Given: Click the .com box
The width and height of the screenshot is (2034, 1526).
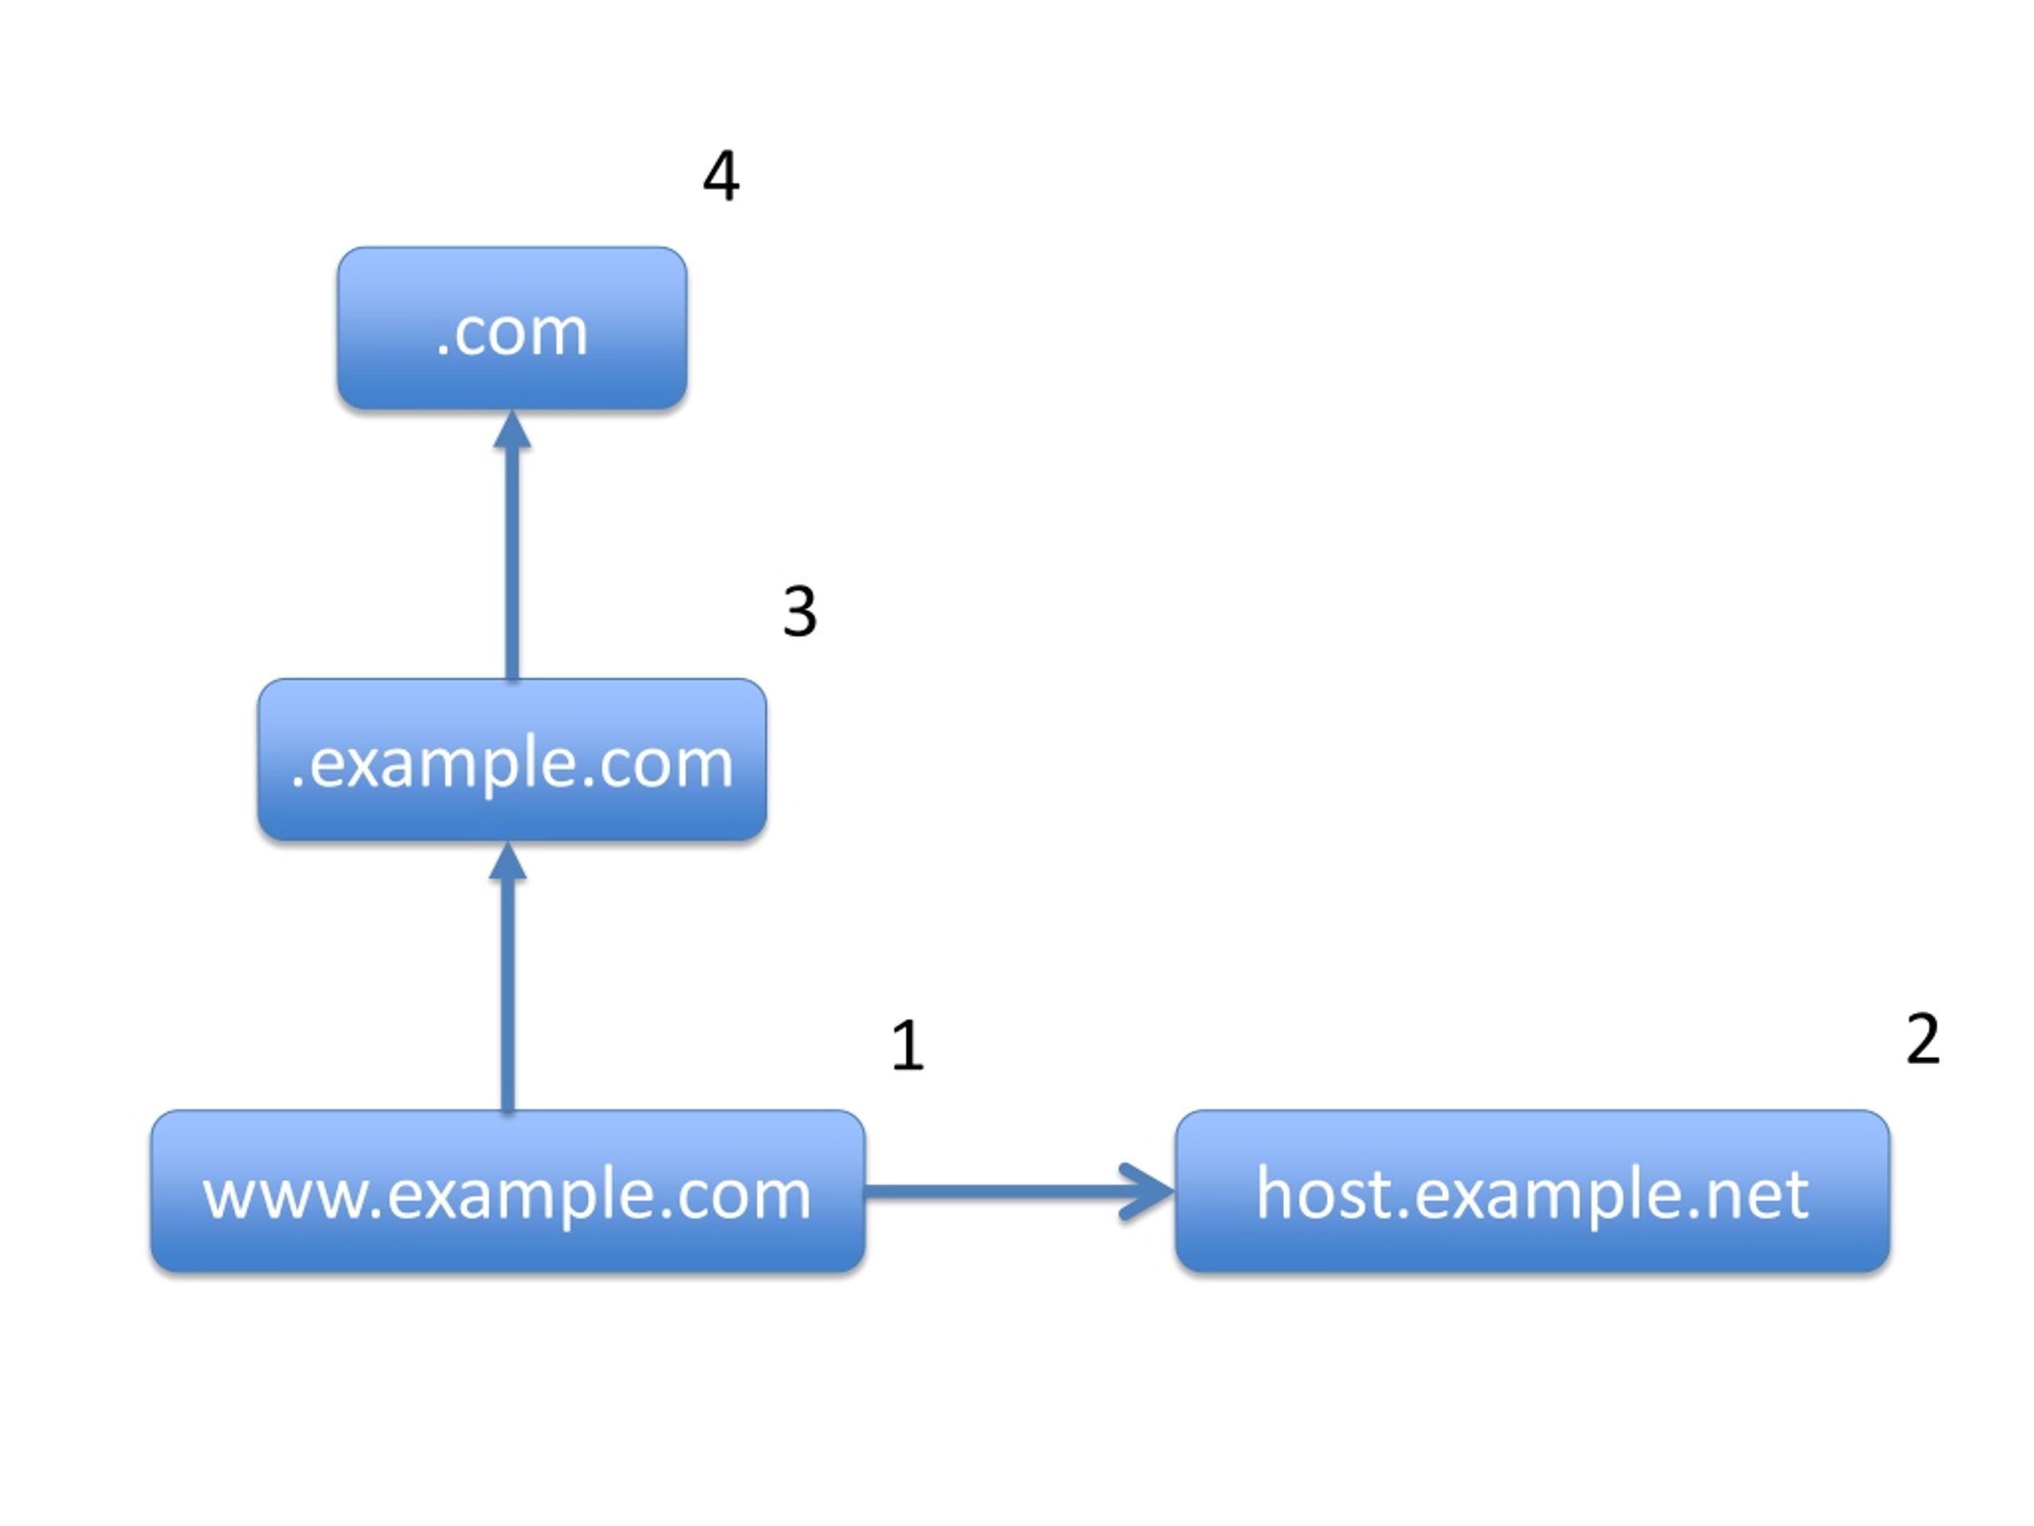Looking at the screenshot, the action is (512, 327).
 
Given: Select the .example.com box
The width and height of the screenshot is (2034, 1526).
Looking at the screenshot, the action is (512, 760).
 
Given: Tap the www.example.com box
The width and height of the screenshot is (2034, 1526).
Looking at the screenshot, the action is (508, 1191).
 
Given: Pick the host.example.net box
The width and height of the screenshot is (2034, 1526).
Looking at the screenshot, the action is (1532, 1191).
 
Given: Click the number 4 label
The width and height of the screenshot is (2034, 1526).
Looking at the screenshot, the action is (721, 176).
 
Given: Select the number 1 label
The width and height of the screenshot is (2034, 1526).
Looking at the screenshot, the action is (907, 1046).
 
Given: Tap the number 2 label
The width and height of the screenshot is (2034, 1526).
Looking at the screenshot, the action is (1923, 1039).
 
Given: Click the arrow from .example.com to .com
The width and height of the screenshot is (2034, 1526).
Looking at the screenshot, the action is (512, 544).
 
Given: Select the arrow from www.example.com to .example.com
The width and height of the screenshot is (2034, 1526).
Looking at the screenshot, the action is (508, 977).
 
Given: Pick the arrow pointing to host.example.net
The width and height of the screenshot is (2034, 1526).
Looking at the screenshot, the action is (1019, 1192).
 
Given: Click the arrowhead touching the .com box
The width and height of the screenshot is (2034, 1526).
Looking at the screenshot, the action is (512, 428).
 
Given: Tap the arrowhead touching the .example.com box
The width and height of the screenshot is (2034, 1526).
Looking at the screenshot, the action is (508, 860).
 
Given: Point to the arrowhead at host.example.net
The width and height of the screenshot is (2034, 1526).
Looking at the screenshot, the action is (1148, 1192).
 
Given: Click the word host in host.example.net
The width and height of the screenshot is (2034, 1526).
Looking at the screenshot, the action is (1324, 1193).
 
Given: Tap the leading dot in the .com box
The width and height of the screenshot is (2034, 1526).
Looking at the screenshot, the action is (443, 351).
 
